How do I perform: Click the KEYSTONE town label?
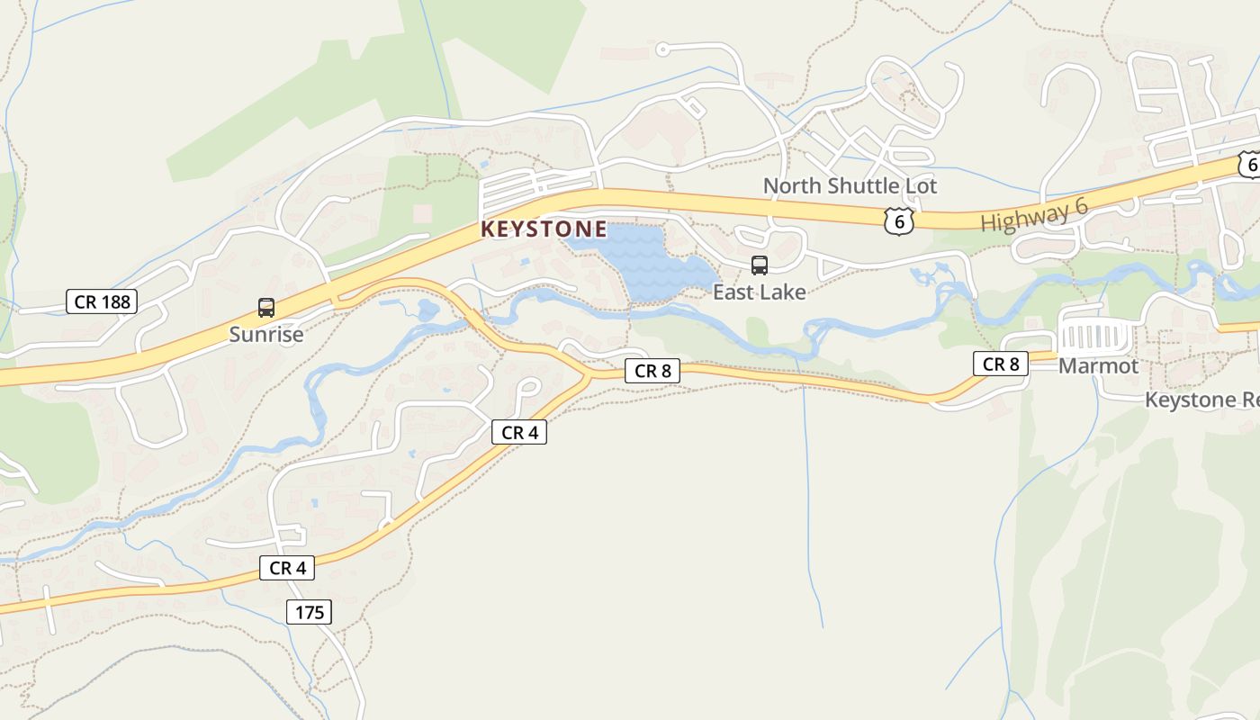pos(544,229)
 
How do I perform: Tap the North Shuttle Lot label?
pos(850,186)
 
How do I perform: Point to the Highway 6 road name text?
pos(1034,215)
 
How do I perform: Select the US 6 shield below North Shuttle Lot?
pos(898,220)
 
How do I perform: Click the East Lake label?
pos(759,292)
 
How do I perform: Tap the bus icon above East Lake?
pos(760,265)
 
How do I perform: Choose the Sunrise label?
pos(265,335)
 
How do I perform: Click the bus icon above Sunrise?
pos(266,308)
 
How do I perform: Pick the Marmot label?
pos(1098,366)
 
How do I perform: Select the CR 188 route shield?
pos(102,301)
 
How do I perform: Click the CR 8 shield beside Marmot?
pos(1000,364)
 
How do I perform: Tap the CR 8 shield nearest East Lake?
pos(652,370)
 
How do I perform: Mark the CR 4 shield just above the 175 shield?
pos(287,568)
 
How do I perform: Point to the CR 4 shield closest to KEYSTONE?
pos(519,432)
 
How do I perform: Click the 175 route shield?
pos(310,613)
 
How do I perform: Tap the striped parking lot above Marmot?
pos(1095,337)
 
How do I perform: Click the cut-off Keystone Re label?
pos(1201,400)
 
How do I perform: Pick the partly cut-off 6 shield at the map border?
pos(1249,165)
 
